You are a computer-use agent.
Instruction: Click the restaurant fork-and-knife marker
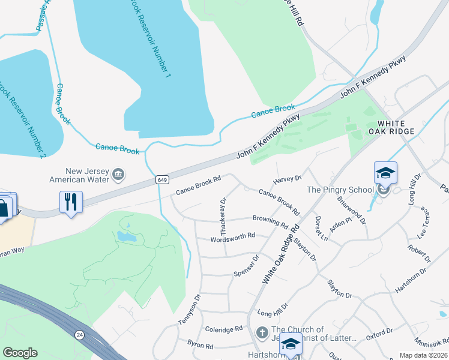(x=71, y=202)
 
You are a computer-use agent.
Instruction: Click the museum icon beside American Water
(x=118, y=175)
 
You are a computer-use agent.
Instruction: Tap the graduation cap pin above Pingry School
(x=385, y=173)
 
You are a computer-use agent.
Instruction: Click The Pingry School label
(x=341, y=190)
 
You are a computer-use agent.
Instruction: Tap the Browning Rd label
(x=270, y=222)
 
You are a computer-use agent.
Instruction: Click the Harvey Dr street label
(x=287, y=178)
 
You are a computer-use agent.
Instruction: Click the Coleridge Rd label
(x=223, y=329)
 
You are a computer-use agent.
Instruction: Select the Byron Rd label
(x=200, y=346)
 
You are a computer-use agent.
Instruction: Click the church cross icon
(x=262, y=332)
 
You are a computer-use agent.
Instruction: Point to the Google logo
(x=20, y=352)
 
